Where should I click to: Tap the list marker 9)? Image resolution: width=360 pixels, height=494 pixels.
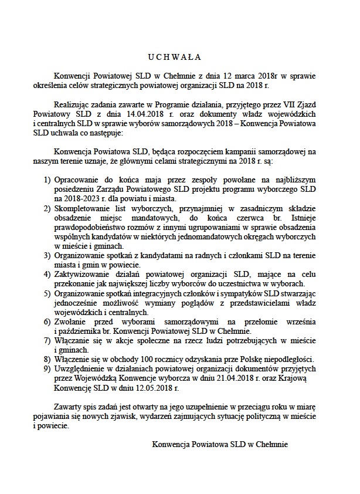[x=49, y=368]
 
